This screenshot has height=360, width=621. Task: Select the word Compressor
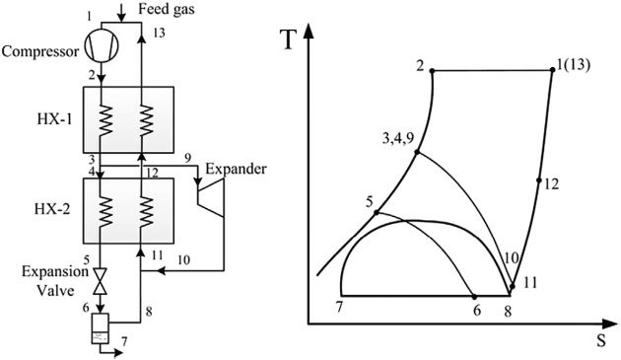coord(41,49)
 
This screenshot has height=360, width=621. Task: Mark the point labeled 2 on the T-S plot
coord(434,70)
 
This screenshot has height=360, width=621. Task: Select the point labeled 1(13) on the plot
coord(552,70)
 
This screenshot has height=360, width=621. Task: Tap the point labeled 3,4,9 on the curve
coord(418,152)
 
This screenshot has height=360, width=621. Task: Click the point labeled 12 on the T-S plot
coord(539,180)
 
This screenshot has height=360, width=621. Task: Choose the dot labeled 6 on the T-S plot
coord(476,296)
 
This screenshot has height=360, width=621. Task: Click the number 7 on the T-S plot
coord(338,308)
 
